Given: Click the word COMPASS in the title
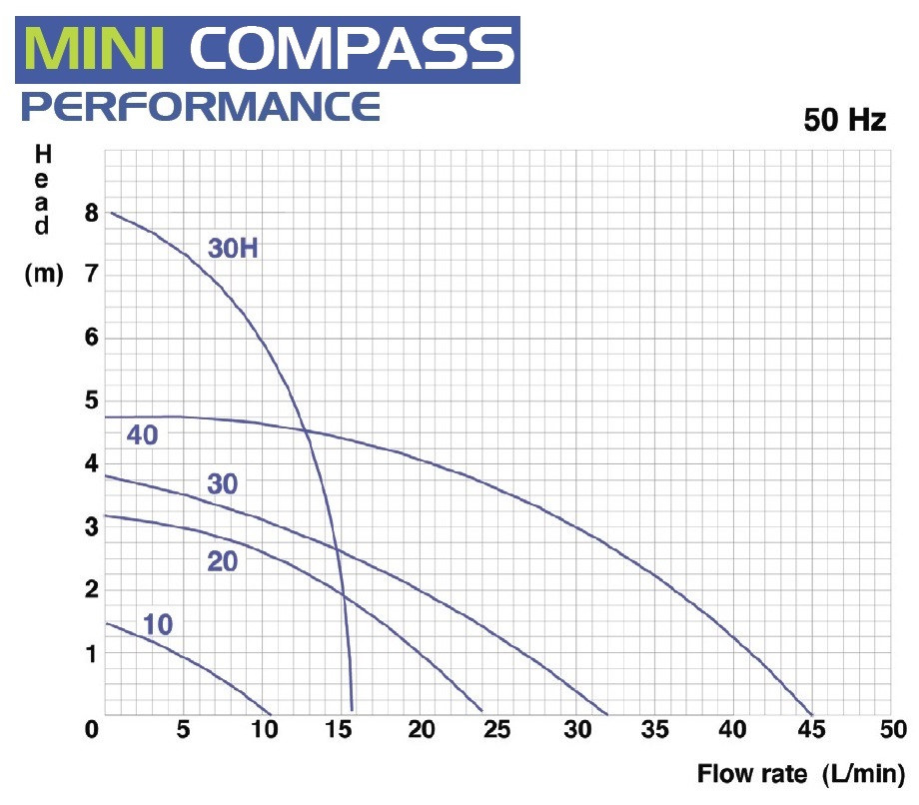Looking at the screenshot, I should click(x=352, y=46).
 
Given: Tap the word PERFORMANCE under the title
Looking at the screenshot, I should click(x=201, y=105).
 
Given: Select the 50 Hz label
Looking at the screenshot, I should click(x=844, y=121).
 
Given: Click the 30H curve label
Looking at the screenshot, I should click(x=233, y=249).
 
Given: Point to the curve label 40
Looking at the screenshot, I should click(x=143, y=434).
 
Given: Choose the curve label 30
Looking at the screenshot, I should click(x=223, y=485).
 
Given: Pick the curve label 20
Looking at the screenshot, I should click(x=223, y=561).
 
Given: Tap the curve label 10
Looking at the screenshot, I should click(x=157, y=626).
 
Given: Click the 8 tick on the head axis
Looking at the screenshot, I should click(x=92, y=213).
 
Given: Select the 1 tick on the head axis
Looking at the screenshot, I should click(x=92, y=653).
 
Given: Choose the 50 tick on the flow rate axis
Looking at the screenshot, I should click(x=890, y=730).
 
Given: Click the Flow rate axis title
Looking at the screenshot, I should click(x=799, y=774).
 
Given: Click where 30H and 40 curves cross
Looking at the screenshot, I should click(x=304, y=429).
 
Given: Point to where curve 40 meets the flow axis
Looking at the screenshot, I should click(x=812, y=714).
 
